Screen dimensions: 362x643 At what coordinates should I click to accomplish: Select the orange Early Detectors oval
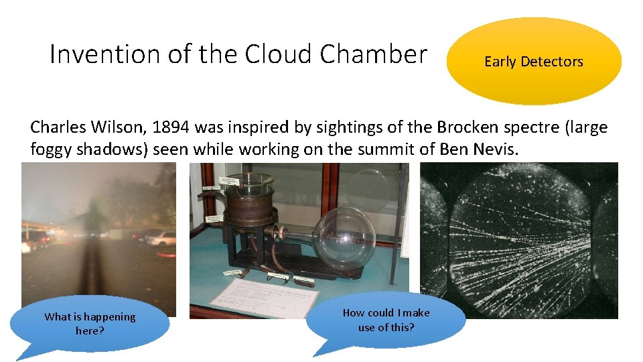point(534,62)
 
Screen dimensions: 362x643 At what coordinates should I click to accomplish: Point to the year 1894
point(169,127)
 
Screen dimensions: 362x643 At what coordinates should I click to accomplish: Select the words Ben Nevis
point(479,149)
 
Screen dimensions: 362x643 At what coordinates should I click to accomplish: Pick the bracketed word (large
point(583,127)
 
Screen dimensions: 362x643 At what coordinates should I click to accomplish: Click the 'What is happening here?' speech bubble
point(90,323)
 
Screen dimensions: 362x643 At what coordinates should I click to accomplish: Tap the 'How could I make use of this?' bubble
point(386,320)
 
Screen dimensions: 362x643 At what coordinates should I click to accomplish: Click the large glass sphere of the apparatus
point(345,239)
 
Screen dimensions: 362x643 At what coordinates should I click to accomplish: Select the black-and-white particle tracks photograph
point(519,240)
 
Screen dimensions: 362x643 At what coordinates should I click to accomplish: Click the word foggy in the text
point(52,149)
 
